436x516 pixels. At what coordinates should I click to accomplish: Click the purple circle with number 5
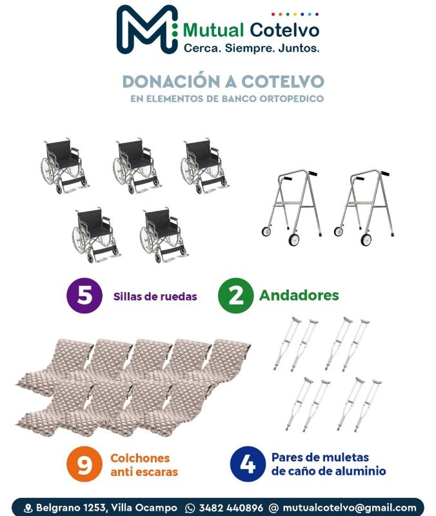coord(84,295)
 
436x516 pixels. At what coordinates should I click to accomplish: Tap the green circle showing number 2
coord(235,295)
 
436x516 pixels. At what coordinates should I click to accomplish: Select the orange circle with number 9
coord(84,464)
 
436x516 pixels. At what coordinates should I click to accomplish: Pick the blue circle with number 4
coord(248,464)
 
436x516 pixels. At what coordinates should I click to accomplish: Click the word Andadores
coord(299,295)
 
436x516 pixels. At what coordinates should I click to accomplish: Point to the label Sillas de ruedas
coord(155,297)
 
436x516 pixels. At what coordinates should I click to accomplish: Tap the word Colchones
coord(140,458)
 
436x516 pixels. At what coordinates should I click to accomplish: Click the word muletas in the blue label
coord(344,457)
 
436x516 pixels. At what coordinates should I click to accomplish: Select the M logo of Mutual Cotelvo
coord(147,29)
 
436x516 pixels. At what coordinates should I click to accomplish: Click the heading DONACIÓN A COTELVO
coord(223,82)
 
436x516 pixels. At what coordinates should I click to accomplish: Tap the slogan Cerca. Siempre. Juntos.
coord(252,48)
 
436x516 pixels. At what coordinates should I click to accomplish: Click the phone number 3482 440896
coord(231,508)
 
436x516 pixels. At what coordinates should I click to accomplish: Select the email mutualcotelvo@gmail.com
coord(350,508)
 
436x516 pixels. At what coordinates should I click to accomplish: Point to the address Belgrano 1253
coord(71,508)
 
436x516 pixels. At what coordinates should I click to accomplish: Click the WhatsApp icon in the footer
coord(190,508)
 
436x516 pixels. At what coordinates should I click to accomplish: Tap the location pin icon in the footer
coord(28,508)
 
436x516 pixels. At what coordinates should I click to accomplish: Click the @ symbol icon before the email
coord(273,508)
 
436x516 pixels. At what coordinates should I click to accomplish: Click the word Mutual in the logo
coord(213,30)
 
